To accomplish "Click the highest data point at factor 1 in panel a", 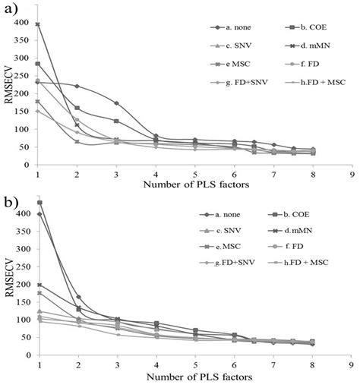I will [37, 24].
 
